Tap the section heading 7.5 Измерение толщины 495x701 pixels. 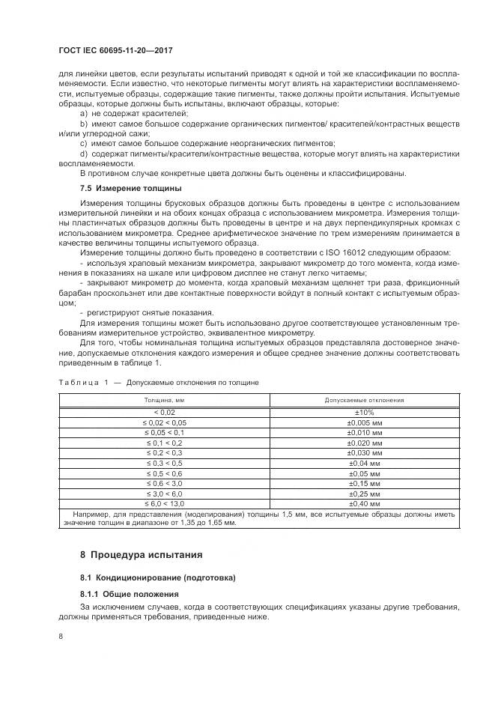130,187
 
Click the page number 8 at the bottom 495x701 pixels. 61,636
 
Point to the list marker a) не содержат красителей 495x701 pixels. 83,112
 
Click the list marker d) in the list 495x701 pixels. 83,153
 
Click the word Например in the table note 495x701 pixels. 92,515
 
